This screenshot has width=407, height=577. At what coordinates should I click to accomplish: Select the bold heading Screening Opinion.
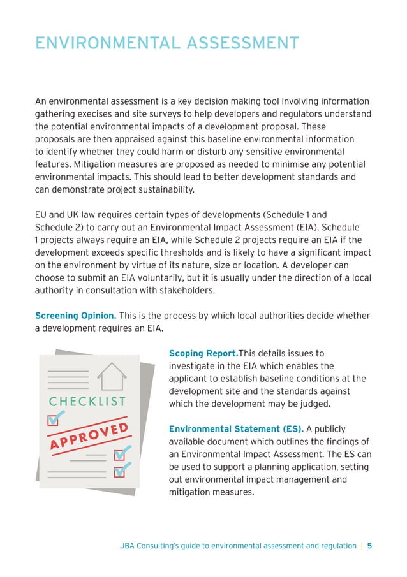(75, 316)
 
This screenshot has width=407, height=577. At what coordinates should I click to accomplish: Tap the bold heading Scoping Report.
(203, 353)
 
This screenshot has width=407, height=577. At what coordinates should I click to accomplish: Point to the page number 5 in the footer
(369, 546)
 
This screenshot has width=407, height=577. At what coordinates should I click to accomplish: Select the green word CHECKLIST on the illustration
(88, 402)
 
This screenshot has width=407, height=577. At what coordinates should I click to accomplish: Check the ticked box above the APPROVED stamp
(54, 419)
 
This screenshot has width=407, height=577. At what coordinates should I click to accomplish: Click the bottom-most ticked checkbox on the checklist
(120, 471)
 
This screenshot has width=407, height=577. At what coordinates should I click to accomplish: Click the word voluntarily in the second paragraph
(166, 278)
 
